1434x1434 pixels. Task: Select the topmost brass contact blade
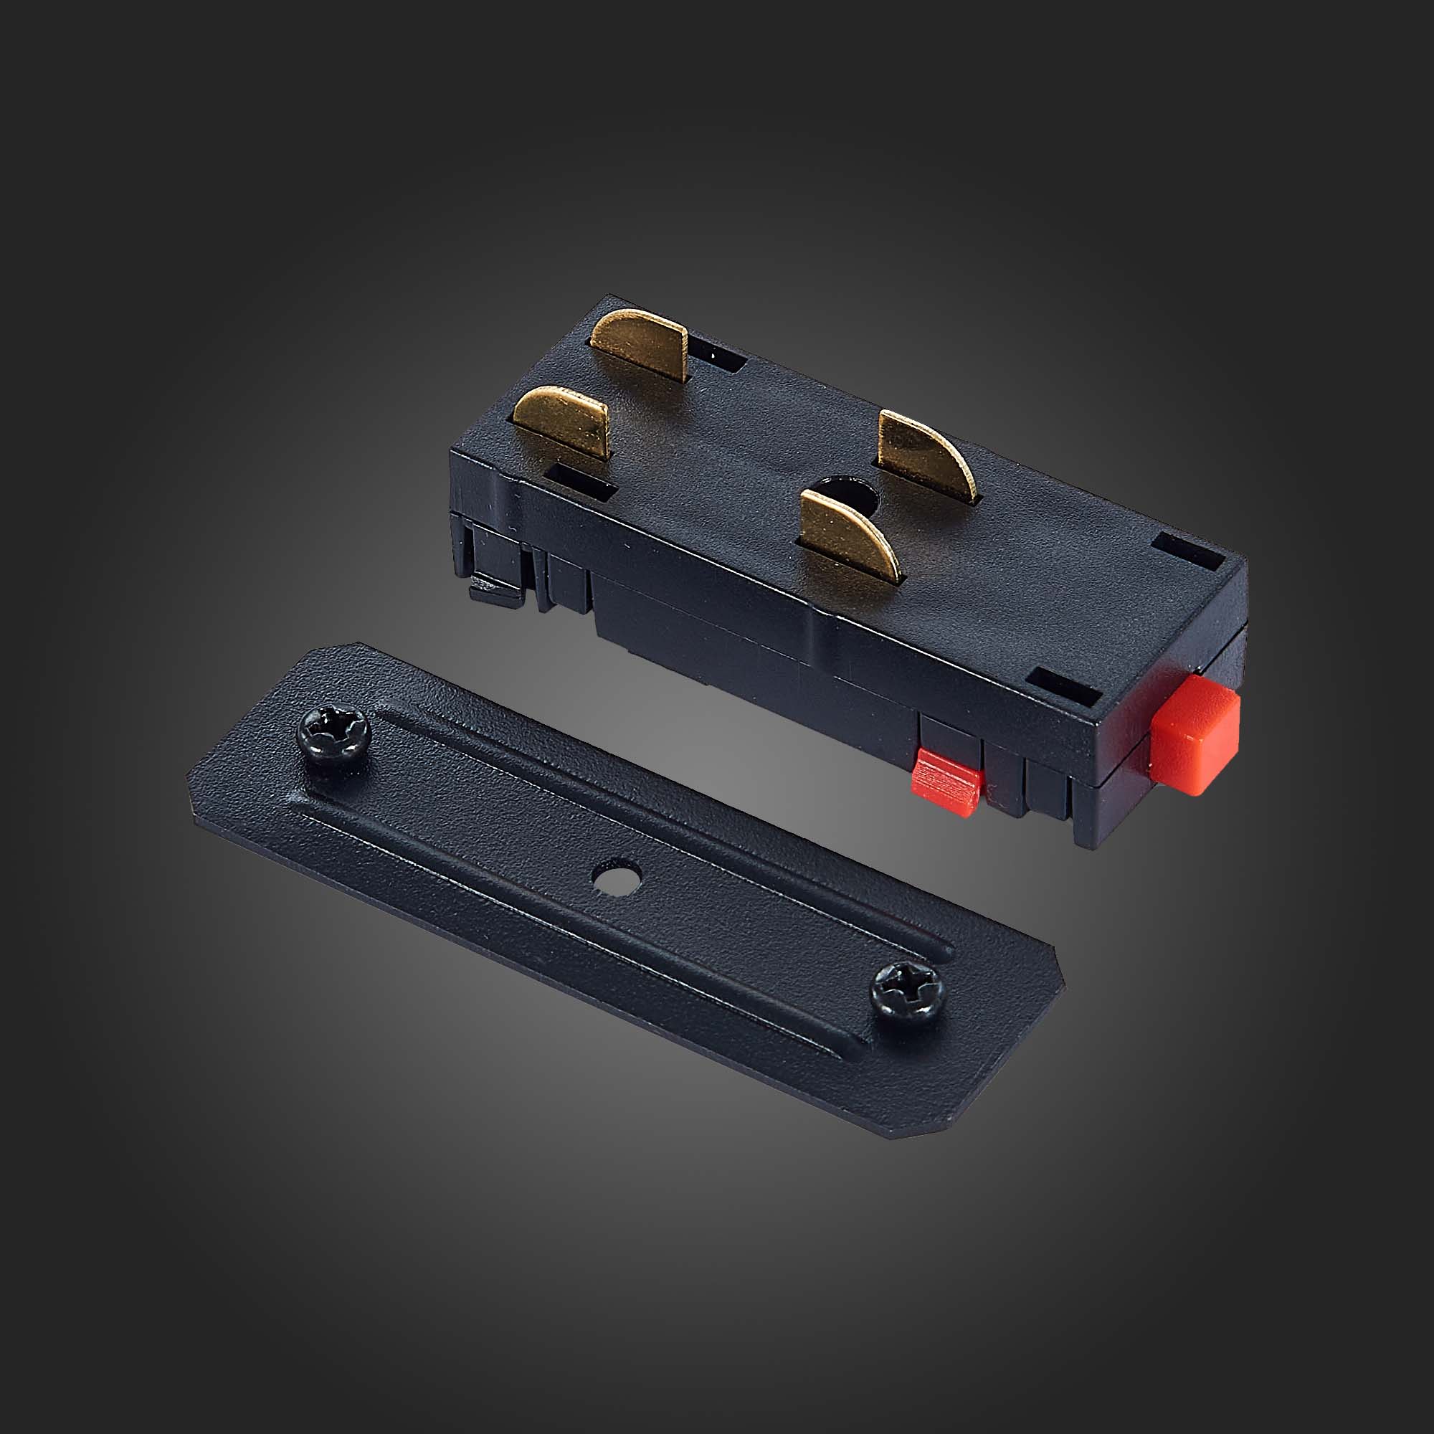[x=640, y=343]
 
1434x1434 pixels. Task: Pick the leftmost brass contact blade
[x=561, y=419]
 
